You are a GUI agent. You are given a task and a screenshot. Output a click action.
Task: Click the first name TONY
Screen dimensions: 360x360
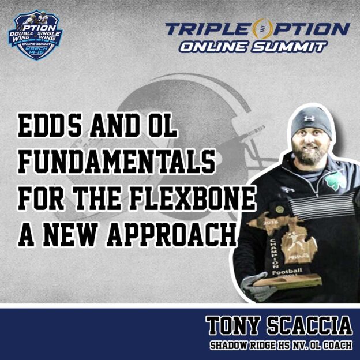234,326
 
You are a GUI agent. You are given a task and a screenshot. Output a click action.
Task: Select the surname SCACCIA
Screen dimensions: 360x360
310,326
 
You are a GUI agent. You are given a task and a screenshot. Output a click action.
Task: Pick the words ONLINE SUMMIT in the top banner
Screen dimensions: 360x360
252,47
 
